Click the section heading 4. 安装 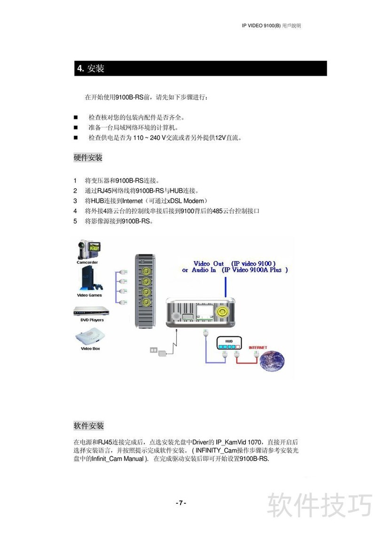[91, 69]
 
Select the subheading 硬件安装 [88, 158]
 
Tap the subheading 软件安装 [88, 426]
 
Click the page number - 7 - [181, 503]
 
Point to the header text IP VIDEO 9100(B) [261, 26]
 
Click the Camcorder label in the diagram [87, 263]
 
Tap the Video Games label [89, 295]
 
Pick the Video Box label [90, 349]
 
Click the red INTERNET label [258, 347]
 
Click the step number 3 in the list [75, 201]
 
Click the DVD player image [91, 311]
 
